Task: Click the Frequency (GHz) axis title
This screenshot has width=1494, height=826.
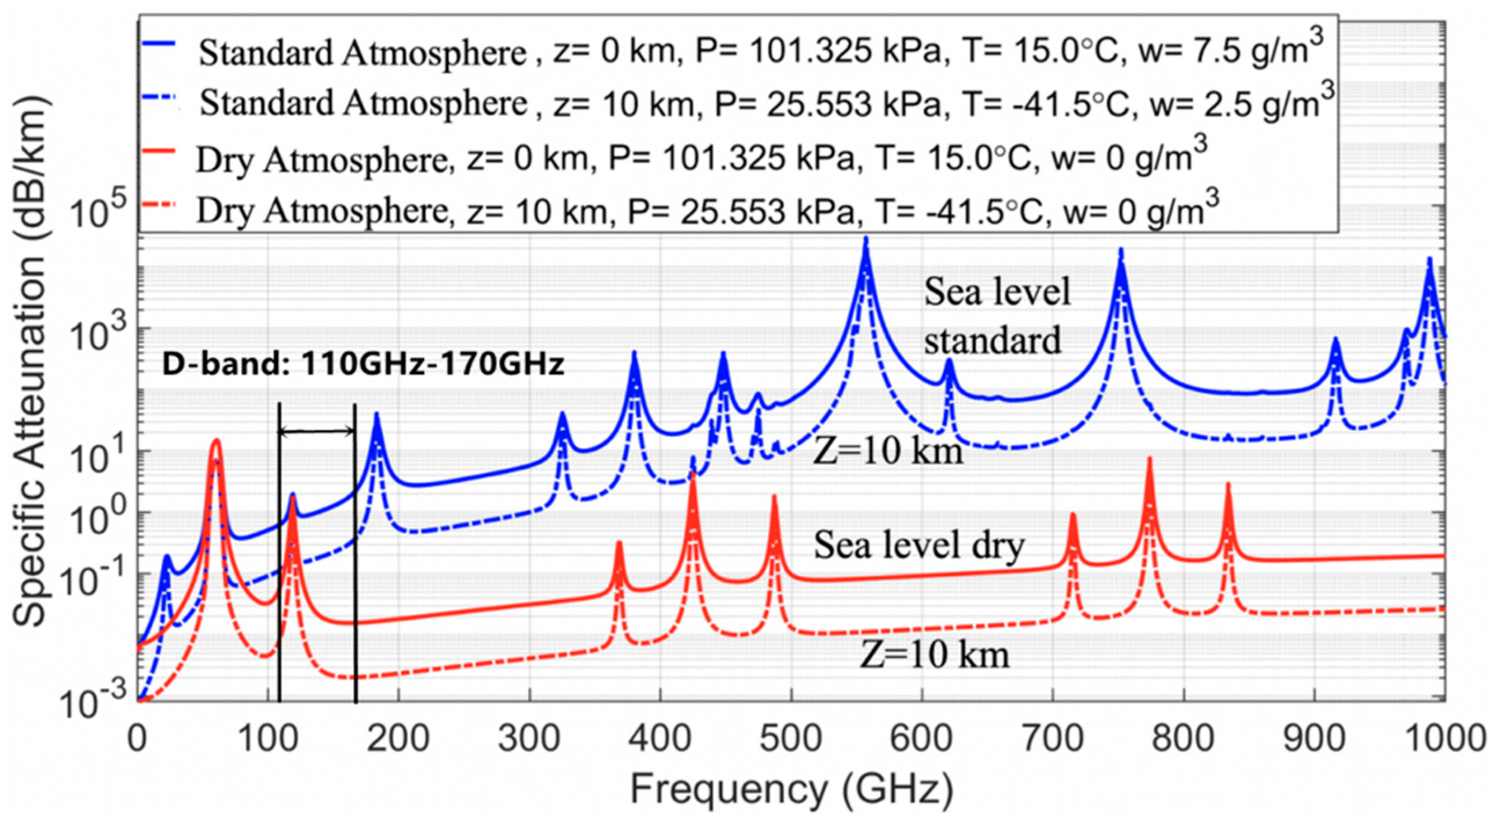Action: coord(791,790)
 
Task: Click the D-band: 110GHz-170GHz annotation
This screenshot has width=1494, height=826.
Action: coord(363,365)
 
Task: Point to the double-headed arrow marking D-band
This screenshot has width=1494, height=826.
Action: coord(317,431)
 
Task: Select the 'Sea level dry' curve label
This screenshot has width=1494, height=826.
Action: coord(919,546)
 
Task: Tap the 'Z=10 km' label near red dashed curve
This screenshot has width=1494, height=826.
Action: coord(935,655)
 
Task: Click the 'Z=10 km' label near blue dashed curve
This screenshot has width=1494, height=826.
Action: coord(888,451)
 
